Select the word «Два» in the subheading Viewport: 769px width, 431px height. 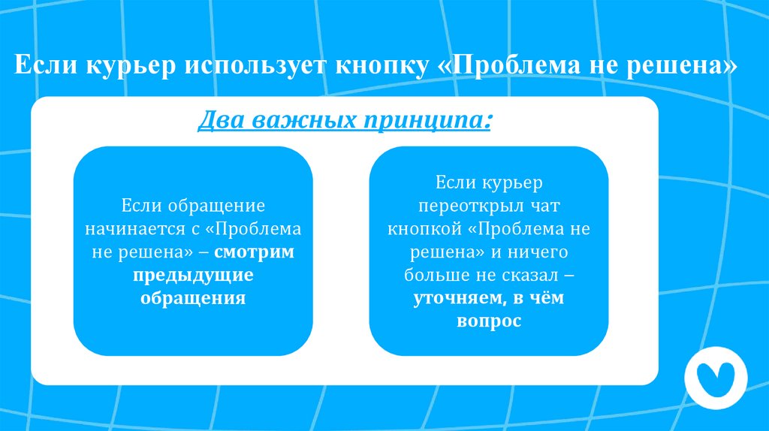tap(220, 120)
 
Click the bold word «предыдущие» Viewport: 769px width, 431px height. tap(193, 275)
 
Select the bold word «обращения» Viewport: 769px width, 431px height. tap(193, 297)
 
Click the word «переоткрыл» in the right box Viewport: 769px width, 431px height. tap(459, 205)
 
